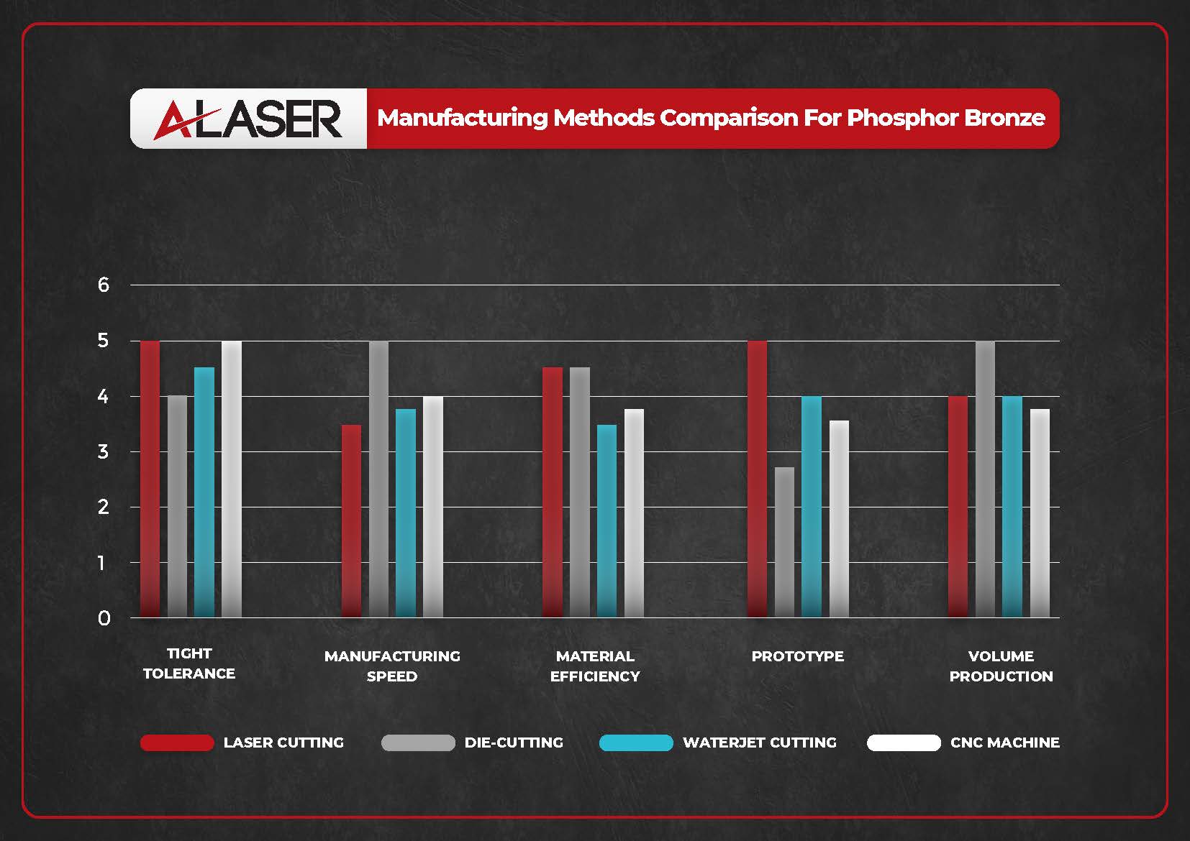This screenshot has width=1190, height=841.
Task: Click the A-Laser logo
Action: (x=248, y=119)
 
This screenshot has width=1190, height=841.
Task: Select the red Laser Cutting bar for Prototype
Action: (x=757, y=479)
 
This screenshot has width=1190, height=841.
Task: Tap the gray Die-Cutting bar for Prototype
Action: (x=784, y=542)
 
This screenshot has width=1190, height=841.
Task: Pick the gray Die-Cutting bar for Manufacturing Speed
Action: (x=378, y=479)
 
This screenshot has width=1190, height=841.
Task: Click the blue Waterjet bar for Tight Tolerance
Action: (x=204, y=492)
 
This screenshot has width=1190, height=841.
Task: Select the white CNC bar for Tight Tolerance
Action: (x=232, y=479)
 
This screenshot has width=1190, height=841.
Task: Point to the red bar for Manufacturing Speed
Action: (x=351, y=520)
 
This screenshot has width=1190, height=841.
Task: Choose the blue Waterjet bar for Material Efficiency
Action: (x=607, y=520)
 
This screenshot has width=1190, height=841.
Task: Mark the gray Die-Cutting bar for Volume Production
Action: (x=985, y=479)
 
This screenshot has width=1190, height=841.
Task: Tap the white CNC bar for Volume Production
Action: (x=1040, y=513)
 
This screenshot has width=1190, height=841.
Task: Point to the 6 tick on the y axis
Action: (x=104, y=285)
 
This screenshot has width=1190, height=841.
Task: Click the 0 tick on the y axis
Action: (x=104, y=618)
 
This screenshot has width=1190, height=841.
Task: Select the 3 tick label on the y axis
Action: (x=104, y=451)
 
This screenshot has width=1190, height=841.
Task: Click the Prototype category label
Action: (x=797, y=656)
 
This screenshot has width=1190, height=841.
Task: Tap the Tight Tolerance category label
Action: (x=189, y=663)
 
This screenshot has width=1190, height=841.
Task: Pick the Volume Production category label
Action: (x=1001, y=666)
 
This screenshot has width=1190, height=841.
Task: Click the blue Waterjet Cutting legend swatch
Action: (x=636, y=743)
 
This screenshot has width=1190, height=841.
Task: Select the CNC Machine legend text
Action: (x=1004, y=743)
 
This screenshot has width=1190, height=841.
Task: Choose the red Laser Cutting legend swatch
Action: (x=177, y=743)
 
